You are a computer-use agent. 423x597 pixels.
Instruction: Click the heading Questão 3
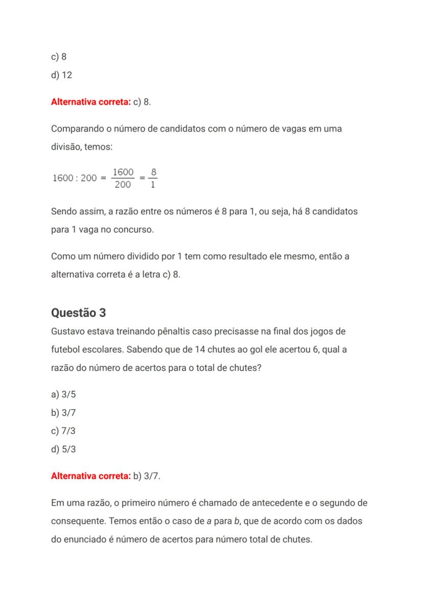79,313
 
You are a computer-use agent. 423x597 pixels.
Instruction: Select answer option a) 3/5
63,394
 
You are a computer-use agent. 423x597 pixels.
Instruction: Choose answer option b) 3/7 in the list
63,413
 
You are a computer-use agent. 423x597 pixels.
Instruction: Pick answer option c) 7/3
63,431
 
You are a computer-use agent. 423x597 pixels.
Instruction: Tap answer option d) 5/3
63,449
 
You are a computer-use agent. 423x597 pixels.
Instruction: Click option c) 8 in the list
59,57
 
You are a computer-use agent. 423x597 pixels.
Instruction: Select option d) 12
61,75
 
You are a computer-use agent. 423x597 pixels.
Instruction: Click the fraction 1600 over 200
123,178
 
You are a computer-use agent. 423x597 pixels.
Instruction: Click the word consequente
78,521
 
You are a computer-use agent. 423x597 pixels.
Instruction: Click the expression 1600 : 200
75,178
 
